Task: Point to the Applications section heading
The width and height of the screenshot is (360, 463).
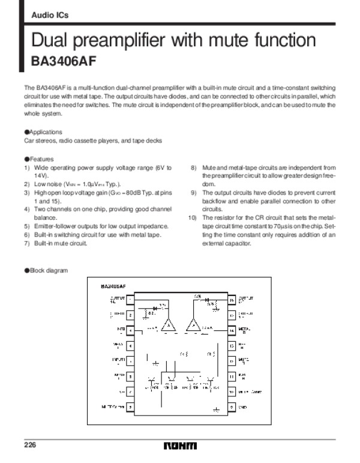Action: [x=43, y=132]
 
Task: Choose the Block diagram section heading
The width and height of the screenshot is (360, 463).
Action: [x=46, y=271]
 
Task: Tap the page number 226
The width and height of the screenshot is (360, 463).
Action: [x=31, y=445]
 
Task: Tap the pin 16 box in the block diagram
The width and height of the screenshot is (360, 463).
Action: [x=232, y=298]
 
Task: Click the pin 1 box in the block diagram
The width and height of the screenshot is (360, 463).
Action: [x=130, y=298]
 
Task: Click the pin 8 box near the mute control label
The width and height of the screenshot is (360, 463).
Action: [x=130, y=407]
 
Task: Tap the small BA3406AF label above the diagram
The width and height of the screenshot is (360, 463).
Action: [x=113, y=286]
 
